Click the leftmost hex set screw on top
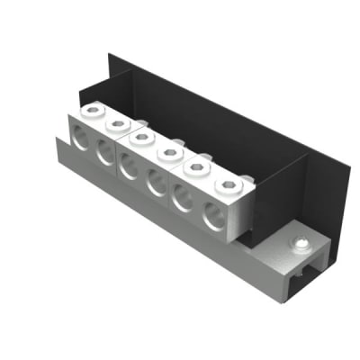click(x=92, y=112)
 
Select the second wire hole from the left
click(x=103, y=155)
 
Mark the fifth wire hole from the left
click(x=182, y=198)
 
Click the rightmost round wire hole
click(x=212, y=216)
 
